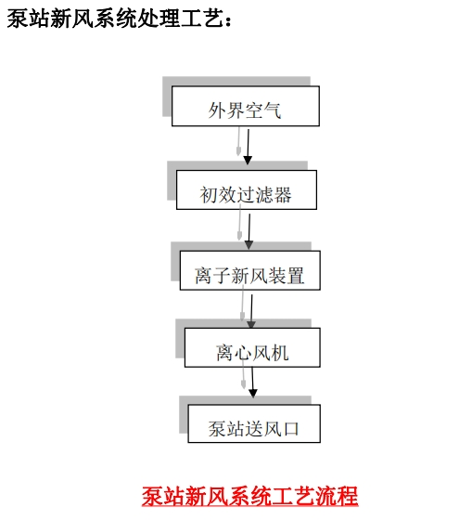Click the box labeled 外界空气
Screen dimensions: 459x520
(246, 106)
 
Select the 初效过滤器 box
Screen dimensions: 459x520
(247, 189)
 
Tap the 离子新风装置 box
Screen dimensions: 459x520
(250, 270)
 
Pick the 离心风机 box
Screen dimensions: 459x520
(252, 347)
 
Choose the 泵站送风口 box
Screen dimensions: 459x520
(254, 423)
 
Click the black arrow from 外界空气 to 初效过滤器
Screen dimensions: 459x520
(248, 147)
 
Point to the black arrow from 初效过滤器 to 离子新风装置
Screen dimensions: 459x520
(249, 231)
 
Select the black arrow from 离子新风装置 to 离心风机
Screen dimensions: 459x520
(251, 312)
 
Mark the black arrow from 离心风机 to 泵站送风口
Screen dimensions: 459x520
(252, 383)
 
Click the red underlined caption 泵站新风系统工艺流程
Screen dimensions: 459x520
(250, 496)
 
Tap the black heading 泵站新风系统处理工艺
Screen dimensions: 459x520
(115, 18)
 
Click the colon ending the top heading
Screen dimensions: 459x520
(228, 20)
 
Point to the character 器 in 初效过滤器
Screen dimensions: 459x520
(283, 195)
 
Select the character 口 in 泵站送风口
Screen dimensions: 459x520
(290, 429)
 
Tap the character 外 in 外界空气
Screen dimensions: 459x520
(217, 110)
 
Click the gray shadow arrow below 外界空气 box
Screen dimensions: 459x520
(238, 141)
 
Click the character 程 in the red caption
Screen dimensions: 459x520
(348, 496)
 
